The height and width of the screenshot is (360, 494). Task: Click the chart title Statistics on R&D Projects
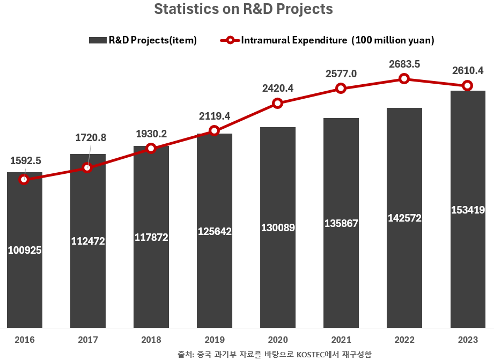pos(243,10)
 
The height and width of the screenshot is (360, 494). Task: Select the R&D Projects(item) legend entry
pos(143,40)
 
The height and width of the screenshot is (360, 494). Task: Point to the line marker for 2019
pos(214,130)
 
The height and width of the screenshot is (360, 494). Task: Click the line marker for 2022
pos(404,78)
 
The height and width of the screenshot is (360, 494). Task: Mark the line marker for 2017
pos(87,168)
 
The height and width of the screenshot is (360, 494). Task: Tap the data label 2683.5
pos(404,64)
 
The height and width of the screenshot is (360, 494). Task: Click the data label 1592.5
pos(26,160)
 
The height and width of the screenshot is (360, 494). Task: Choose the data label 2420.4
pos(278,89)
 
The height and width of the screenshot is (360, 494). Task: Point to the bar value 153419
pos(468,210)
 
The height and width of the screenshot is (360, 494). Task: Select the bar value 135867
pos(341,223)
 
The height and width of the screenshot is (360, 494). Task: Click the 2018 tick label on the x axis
pos(151,340)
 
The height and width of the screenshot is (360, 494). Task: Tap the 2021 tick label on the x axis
pos(341,340)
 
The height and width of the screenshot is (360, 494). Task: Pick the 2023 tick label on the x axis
pos(468,340)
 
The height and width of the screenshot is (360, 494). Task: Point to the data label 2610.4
pos(468,71)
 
